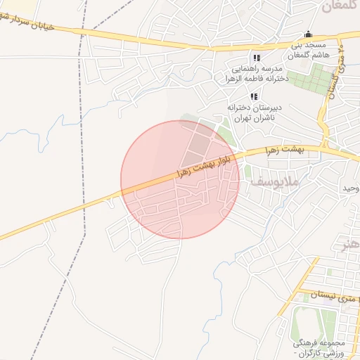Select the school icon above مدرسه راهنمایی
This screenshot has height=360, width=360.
click(x=257, y=58)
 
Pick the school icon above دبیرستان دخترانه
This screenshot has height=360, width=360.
click(x=253, y=96)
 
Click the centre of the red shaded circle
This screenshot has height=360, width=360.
click(x=180, y=180)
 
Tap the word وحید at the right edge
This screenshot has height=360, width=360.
click(x=350, y=188)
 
